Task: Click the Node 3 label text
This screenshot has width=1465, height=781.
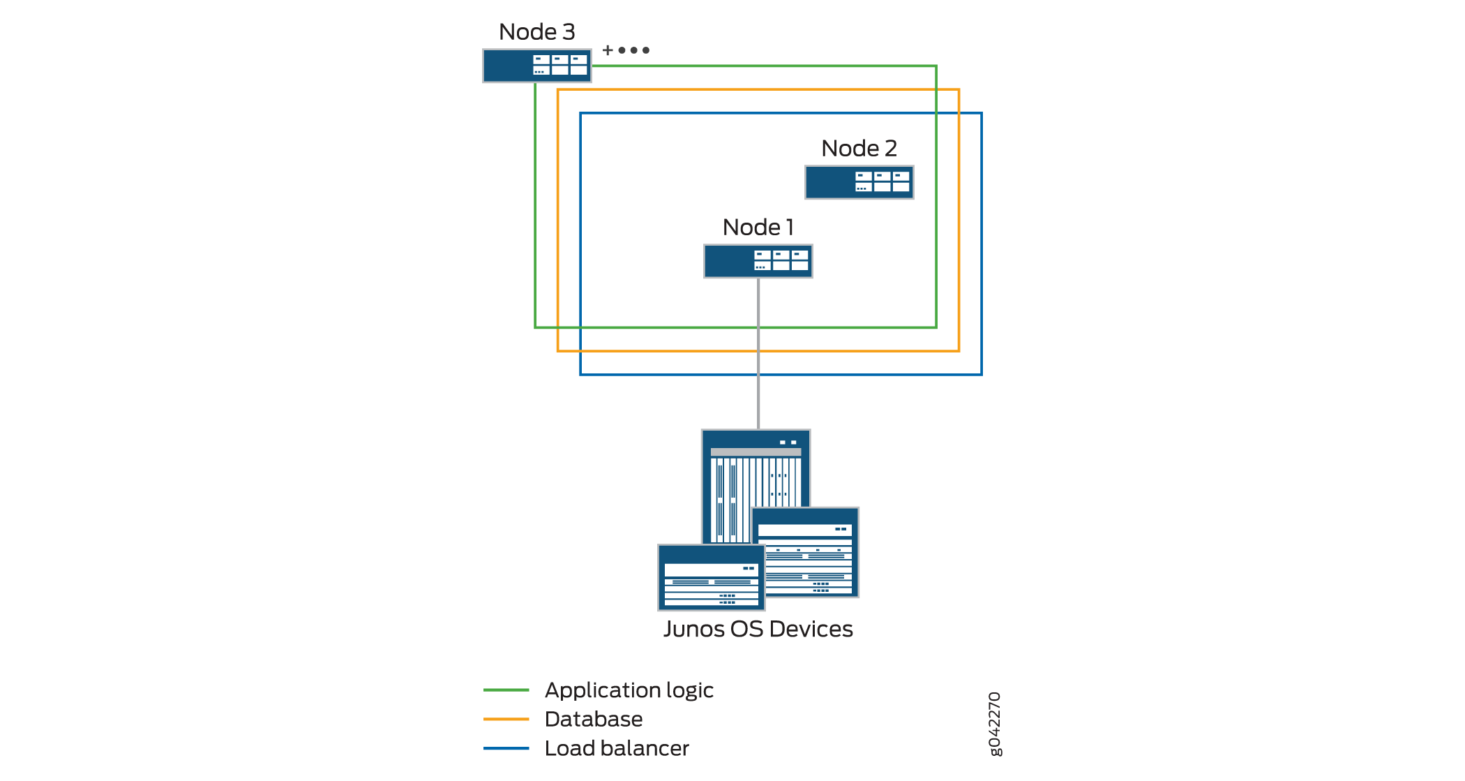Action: (536, 32)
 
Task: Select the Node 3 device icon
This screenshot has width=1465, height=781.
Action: (536, 66)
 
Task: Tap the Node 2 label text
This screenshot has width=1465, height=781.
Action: (859, 149)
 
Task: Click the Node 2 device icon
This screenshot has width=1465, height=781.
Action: (859, 182)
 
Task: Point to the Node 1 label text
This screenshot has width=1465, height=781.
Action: (758, 228)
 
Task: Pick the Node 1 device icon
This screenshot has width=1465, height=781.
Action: (758, 261)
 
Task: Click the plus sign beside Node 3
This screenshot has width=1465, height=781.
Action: (608, 50)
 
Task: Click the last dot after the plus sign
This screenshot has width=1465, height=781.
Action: (646, 50)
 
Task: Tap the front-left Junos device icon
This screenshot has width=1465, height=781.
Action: (711, 578)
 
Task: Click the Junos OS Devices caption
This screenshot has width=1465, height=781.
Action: (758, 630)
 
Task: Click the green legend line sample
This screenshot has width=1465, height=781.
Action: (506, 690)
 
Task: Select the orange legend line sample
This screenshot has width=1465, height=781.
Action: (506, 719)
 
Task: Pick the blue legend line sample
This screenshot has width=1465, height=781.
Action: (506, 748)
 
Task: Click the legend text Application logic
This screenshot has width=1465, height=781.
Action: (629, 690)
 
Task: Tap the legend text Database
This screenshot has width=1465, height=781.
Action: (594, 719)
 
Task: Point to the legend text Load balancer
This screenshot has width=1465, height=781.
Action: (617, 748)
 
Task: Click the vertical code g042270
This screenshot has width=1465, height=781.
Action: (995, 724)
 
